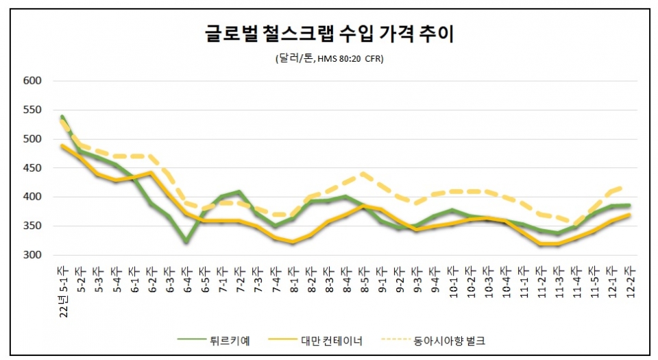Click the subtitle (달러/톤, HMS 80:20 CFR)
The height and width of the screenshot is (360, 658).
tap(329, 59)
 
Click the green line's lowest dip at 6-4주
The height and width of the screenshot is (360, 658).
tap(186, 241)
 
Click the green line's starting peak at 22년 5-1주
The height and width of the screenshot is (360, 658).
tap(62, 117)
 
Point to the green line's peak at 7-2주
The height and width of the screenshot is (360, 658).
tap(239, 192)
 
